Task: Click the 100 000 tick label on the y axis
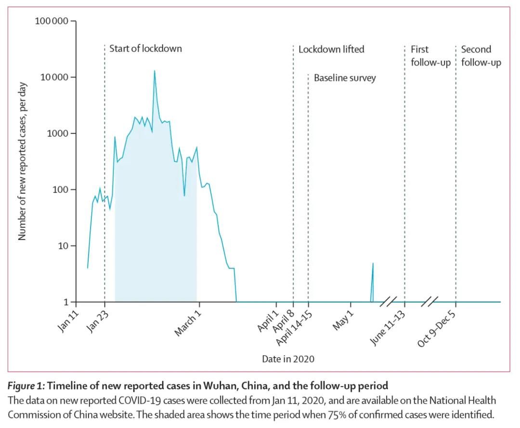[x=52, y=21]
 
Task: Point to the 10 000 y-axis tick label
[x=54, y=78]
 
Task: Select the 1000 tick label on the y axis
[x=59, y=134]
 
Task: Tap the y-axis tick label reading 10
[x=64, y=246]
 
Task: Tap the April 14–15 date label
[x=292, y=329]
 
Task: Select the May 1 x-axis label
[x=343, y=321]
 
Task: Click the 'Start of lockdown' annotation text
[x=145, y=49]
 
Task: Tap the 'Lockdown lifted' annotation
[x=331, y=49]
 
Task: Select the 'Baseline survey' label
[x=345, y=78]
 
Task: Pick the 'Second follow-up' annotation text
[x=481, y=56]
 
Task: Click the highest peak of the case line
[x=155, y=71]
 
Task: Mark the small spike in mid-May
[x=373, y=264]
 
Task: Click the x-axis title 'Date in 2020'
[x=288, y=359]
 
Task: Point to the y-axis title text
[x=22, y=161]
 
